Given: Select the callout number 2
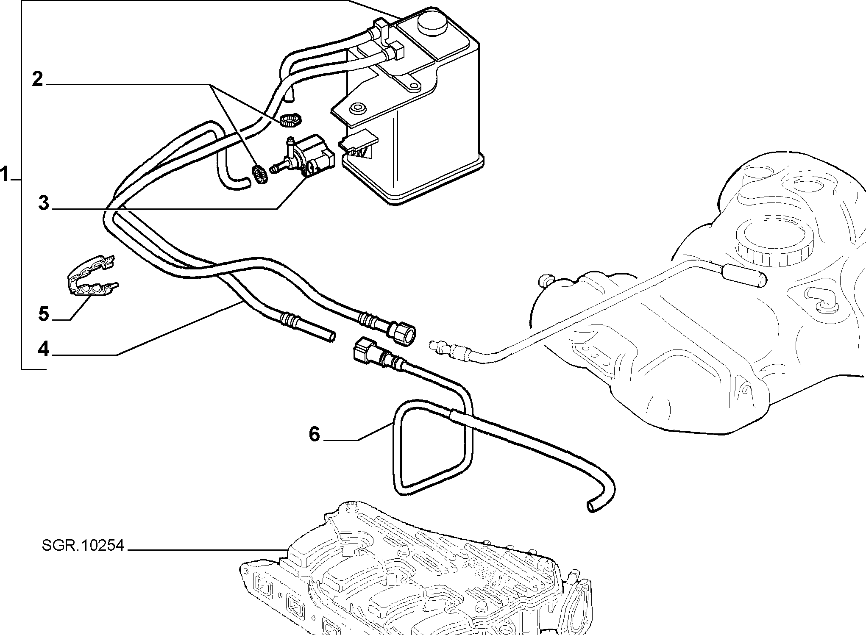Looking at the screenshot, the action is pyautogui.click(x=38, y=79).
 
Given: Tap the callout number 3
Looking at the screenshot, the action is pyautogui.click(x=44, y=203).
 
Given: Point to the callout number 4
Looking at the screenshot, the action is pyautogui.click(x=44, y=349).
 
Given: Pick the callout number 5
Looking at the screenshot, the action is pyautogui.click(x=44, y=314).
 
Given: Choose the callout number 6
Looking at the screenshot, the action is pyautogui.click(x=314, y=434).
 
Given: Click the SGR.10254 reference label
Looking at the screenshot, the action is pyautogui.click(x=83, y=546).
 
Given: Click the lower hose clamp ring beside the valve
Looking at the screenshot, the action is pyautogui.click(x=259, y=175).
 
